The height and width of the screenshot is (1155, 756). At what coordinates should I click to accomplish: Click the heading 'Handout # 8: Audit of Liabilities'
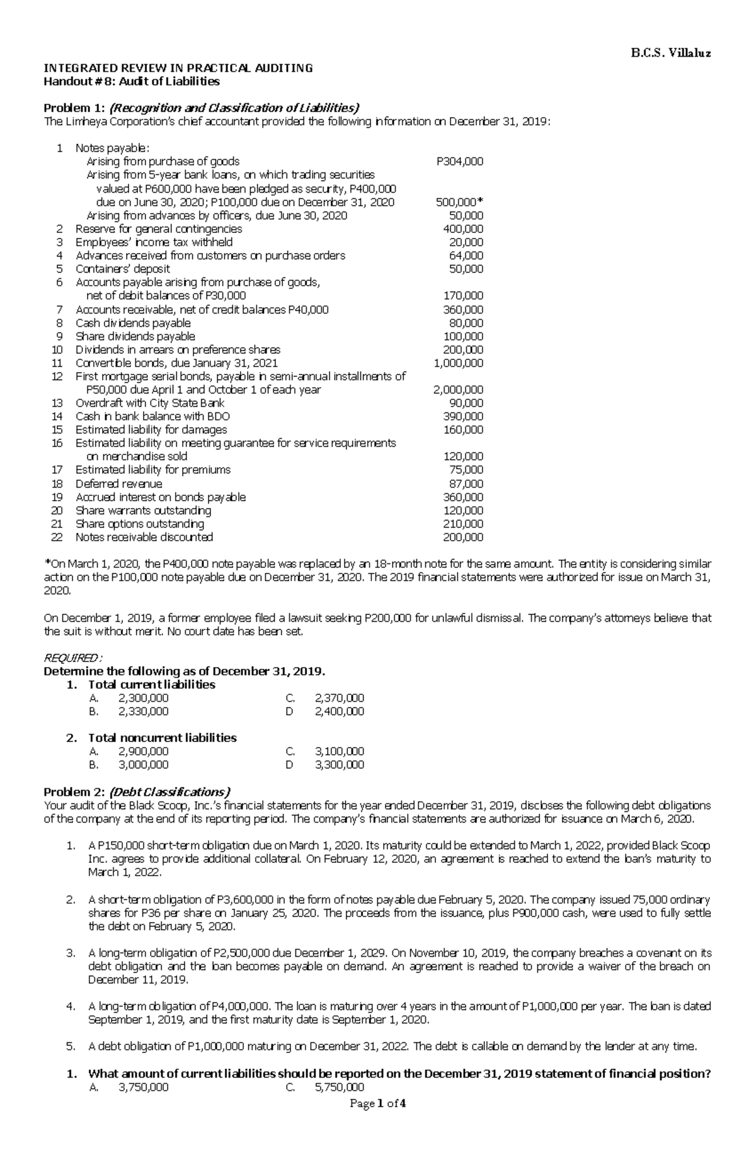pyautogui.click(x=131, y=81)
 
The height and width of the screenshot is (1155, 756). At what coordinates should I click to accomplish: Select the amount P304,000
pyautogui.click(x=460, y=162)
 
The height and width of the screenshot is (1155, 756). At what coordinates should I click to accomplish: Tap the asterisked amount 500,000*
pyautogui.click(x=459, y=202)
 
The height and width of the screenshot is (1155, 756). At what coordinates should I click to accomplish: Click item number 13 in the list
pyautogui.click(x=57, y=403)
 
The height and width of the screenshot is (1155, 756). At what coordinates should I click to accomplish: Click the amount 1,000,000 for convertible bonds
pyautogui.click(x=459, y=363)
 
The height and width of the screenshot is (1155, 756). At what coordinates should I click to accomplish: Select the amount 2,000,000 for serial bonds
pyautogui.click(x=459, y=390)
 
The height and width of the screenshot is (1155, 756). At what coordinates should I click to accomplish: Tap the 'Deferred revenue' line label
pyautogui.click(x=118, y=483)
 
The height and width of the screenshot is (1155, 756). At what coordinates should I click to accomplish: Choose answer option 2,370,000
pyautogui.click(x=339, y=698)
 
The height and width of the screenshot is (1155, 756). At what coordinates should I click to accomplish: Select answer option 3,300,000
pyautogui.click(x=339, y=765)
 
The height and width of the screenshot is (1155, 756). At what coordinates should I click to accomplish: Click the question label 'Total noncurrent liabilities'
pyautogui.click(x=162, y=738)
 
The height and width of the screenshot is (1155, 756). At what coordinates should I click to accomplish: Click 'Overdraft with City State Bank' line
pyautogui.click(x=150, y=403)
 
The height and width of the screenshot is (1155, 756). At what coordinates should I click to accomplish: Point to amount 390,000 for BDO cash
pyautogui.click(x=464, y=416)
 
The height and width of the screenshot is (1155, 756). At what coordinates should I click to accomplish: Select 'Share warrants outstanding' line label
pyautogui.click(x=143, y=510)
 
